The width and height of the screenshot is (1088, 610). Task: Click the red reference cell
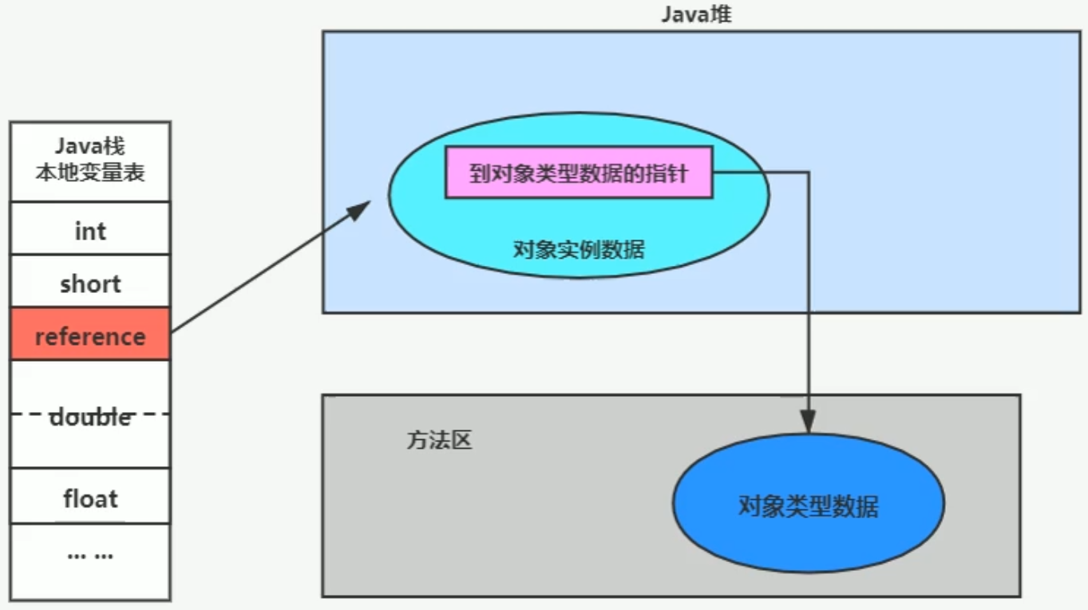(90, 335)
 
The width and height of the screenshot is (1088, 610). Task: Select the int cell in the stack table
(90, 231)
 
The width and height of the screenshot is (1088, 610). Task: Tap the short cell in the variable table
(90, 283)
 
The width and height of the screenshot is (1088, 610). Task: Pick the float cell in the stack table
(90, 499)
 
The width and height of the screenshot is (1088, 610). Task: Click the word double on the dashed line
(90, 416)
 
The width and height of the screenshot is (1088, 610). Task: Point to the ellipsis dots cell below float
(90, 554)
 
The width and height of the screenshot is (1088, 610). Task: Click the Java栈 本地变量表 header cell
(90, 160)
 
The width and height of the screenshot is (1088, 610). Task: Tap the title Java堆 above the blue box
(696, 14)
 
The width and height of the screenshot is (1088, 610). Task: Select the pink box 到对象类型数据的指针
(578, 172)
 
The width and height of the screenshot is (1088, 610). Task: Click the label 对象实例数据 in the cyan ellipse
(579, 249)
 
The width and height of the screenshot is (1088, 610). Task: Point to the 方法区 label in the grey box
(439, 440)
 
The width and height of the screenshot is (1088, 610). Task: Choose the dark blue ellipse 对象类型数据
(808, 505)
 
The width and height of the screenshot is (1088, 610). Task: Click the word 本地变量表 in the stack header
(90, 172)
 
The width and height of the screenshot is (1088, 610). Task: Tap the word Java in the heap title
(683, 14)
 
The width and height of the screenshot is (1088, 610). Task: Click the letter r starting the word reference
(39, 336)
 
